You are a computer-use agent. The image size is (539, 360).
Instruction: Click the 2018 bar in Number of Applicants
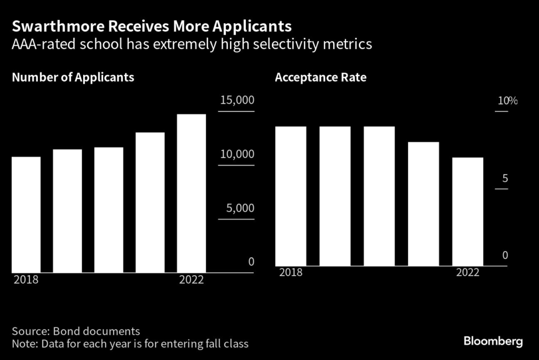26,215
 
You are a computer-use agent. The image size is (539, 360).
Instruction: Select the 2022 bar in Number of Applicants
192,193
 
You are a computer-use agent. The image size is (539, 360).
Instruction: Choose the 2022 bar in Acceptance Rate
468,212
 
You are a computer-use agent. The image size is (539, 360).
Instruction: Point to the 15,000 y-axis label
237,100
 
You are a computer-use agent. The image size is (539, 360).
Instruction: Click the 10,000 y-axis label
237,154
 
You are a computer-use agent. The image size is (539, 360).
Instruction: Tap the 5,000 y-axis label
240,208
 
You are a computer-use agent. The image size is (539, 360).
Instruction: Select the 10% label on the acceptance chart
508,101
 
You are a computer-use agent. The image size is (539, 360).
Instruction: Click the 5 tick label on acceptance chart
505,178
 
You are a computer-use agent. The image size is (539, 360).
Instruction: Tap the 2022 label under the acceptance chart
467,273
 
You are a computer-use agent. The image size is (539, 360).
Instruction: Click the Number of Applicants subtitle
73,77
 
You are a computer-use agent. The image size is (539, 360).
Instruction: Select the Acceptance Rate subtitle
321,77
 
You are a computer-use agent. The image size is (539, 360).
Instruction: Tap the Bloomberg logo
493,342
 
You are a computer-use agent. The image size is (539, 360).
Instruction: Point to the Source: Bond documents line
76,332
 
